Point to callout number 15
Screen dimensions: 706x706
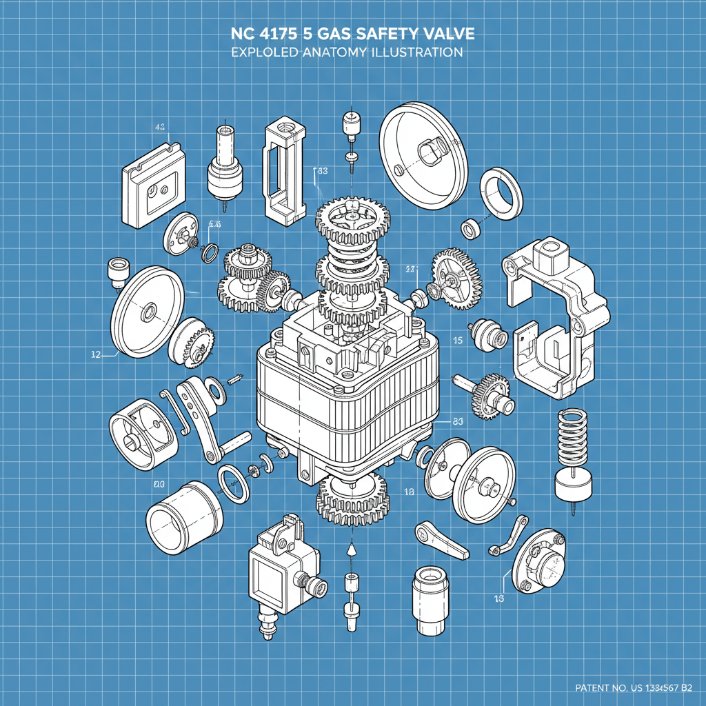click(457, 340)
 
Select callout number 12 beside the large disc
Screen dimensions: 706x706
click(97, 355)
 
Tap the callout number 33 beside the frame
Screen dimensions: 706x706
click(321, 170)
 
